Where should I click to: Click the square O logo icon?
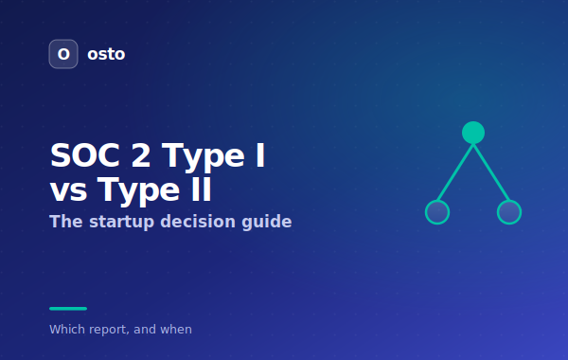point(63,54)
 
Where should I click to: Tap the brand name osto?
point(106,54)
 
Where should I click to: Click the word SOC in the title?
point(85,155)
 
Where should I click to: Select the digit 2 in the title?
point(140,155)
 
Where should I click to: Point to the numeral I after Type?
point(260,155)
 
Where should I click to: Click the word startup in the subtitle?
point(122,222)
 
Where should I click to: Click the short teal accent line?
point(68,309)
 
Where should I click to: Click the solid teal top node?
point(473,133)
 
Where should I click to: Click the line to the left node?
point(455,172)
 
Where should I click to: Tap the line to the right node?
point(491,172)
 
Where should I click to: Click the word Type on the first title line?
point(203,156)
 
